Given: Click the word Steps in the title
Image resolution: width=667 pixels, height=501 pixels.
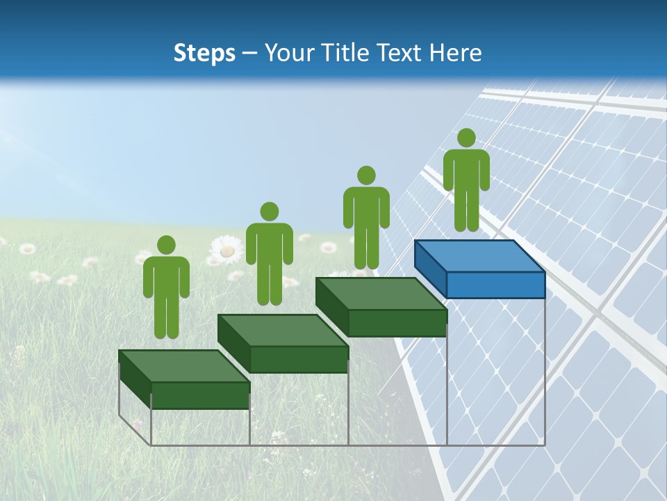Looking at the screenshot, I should click(204, 53).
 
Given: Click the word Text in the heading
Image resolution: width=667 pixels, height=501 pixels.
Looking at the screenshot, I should click(397, 53).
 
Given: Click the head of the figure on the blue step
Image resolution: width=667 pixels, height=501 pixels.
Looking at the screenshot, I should click(466, 138).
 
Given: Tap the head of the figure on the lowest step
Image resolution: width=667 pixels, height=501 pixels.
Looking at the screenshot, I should click(166, 245).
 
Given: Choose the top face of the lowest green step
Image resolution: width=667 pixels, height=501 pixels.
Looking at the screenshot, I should click(184, 366).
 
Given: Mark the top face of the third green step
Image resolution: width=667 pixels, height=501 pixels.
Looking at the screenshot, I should click(381, 294).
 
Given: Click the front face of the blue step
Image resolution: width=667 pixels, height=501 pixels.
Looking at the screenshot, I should click(495, 285).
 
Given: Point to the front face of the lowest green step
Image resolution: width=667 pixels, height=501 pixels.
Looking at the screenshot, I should click(200, 395).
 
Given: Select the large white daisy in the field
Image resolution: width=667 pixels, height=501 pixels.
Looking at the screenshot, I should click(226, 250).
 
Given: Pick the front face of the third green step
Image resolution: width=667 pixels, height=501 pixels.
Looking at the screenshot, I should click(397, 323).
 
